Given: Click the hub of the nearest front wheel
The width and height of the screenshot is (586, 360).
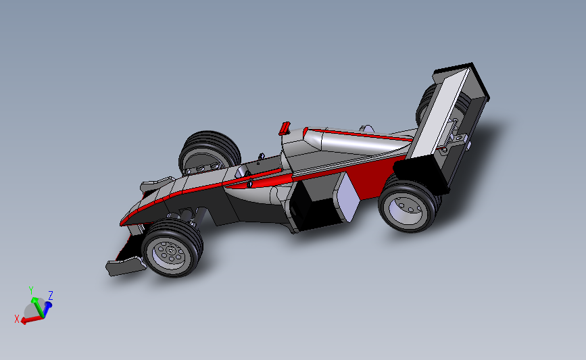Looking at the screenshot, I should point(170,253).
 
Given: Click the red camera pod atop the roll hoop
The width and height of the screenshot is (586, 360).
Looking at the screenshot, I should point(285,128).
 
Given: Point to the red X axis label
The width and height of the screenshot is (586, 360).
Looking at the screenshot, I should point(16,319).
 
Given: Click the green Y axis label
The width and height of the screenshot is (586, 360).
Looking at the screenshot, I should point(31,290).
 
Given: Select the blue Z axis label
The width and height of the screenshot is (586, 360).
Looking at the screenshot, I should point(51,295).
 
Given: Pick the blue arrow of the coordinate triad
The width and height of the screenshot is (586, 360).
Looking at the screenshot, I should point(47,307).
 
